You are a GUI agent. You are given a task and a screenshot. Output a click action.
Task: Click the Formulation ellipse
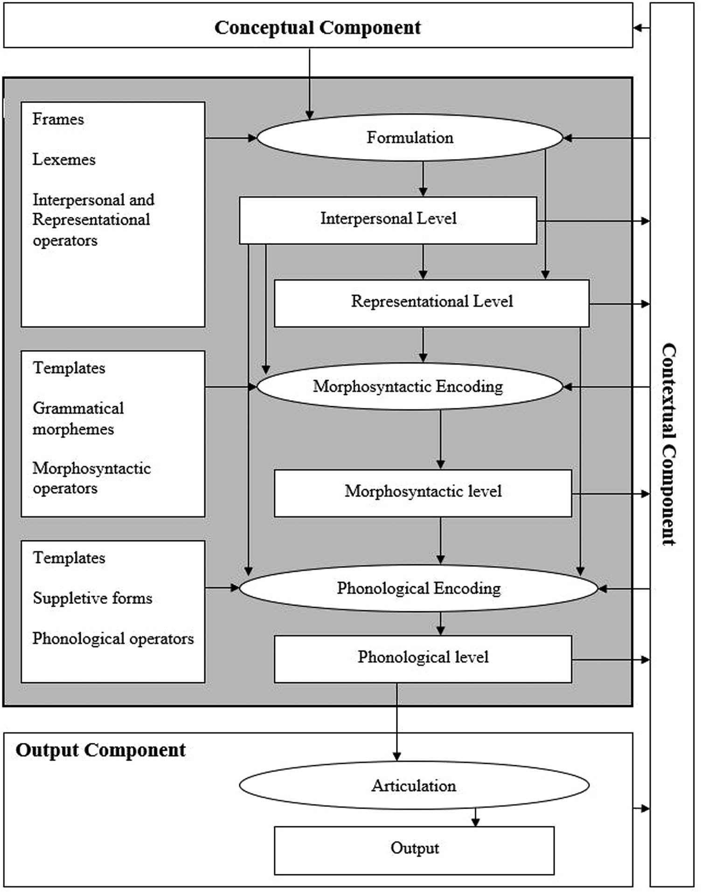[x=409, y=138]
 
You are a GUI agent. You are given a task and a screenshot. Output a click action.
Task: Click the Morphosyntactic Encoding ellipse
[x=409, y=387]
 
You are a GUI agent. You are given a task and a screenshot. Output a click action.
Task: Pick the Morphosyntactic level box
[x=423, y=492]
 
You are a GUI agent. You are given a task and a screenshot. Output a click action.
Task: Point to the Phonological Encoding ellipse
[x=418, y=588]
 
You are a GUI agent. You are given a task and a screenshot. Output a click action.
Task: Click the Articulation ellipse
[x=414, y=786]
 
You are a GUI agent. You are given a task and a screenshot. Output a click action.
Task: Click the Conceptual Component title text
[x=317, y=28]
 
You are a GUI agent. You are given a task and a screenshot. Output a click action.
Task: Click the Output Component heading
[x=100, y=750]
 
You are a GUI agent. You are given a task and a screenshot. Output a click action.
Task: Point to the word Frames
[x=58, y=119]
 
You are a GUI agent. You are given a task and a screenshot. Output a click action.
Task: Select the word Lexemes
[x=64, y=159]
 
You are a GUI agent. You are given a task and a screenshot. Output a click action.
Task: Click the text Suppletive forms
[x=92, y=598]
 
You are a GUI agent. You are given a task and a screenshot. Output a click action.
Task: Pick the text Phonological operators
[x=113, y=638]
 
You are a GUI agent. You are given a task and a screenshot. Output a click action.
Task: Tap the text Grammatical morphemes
[x=78, y=418]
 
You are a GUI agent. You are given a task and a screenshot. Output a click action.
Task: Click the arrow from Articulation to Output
[x=475, y=817]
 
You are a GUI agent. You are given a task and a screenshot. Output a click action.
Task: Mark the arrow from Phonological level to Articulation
[x=397, y=720]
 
